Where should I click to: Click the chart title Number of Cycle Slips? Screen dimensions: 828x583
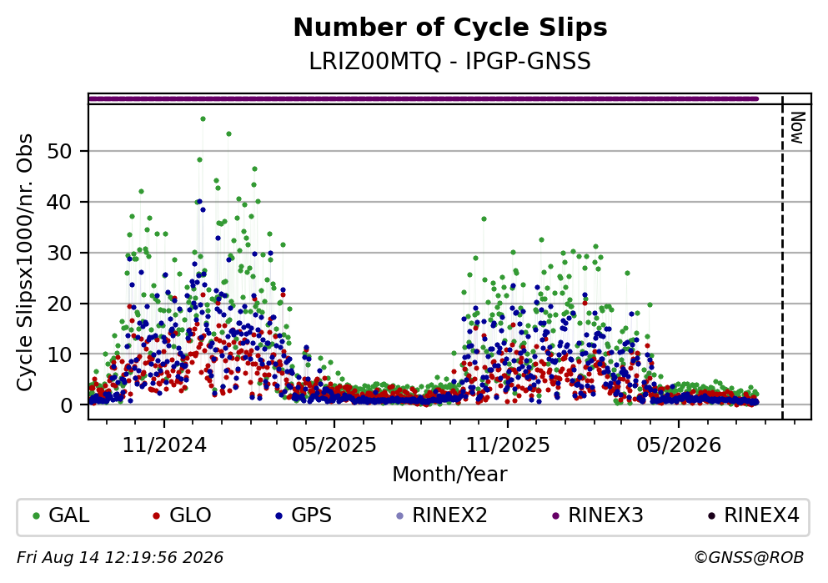click(x=450, y=28)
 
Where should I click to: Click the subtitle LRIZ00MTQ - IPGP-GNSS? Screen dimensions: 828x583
click(x=450, y=61)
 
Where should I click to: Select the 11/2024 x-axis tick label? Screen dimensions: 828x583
click(x=164, y=445)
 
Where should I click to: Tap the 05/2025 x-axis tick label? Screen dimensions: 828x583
click(x=334, y=445)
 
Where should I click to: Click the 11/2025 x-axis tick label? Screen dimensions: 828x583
click(x=508, y=445)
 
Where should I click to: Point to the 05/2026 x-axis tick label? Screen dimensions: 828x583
click(x=679, y=445)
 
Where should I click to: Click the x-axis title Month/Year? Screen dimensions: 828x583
click(x=450, y=475)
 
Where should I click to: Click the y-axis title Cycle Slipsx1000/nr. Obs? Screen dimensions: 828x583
click(x=25, y=263)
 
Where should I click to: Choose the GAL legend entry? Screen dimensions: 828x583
click(x=61, y=515)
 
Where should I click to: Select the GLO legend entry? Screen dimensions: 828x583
click(x=182, y=515)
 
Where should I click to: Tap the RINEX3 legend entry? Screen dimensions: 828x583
click(x=598, y=515)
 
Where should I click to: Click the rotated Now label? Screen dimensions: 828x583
click(x=797, y=128)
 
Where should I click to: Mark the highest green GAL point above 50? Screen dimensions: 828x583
click(x=203, y=118)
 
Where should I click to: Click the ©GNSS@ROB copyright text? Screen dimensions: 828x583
click(x=749, y=558)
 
